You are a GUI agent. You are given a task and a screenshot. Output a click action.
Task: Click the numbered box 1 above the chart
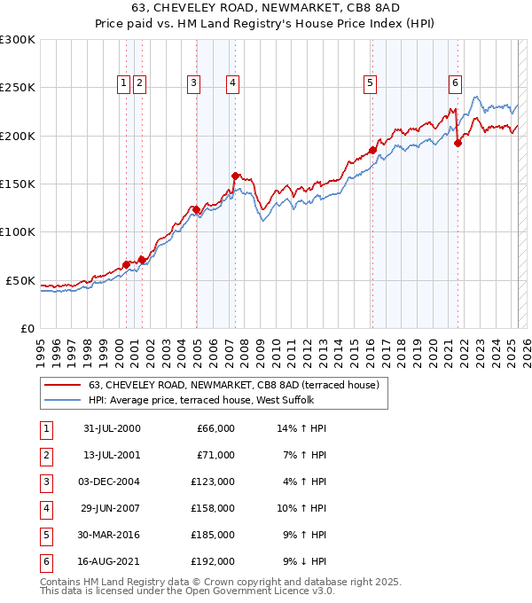(122, 83)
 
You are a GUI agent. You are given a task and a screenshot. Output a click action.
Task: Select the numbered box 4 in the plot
(231, 83)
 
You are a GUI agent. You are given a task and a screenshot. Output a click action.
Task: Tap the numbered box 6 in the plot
(455, 83)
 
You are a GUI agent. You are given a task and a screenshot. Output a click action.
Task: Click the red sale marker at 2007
(235, 176)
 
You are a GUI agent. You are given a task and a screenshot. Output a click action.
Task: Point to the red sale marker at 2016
(372, 150)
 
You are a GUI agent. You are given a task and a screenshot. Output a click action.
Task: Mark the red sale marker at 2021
(458, 143)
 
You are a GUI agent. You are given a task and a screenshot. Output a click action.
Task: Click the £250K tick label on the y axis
(18, 88)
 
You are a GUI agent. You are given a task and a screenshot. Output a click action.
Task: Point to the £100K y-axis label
(18, 231)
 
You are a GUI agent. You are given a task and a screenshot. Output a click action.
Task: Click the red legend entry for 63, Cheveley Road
(234, 385)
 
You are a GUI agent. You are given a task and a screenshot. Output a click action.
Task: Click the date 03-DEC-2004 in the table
(112, 482)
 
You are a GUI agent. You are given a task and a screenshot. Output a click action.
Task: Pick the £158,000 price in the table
(213, 508)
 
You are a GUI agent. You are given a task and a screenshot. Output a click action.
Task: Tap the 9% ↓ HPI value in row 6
(304, 561)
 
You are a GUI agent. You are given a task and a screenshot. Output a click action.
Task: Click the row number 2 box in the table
(45, 455)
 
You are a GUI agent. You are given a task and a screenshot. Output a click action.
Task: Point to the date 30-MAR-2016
(112, 535)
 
